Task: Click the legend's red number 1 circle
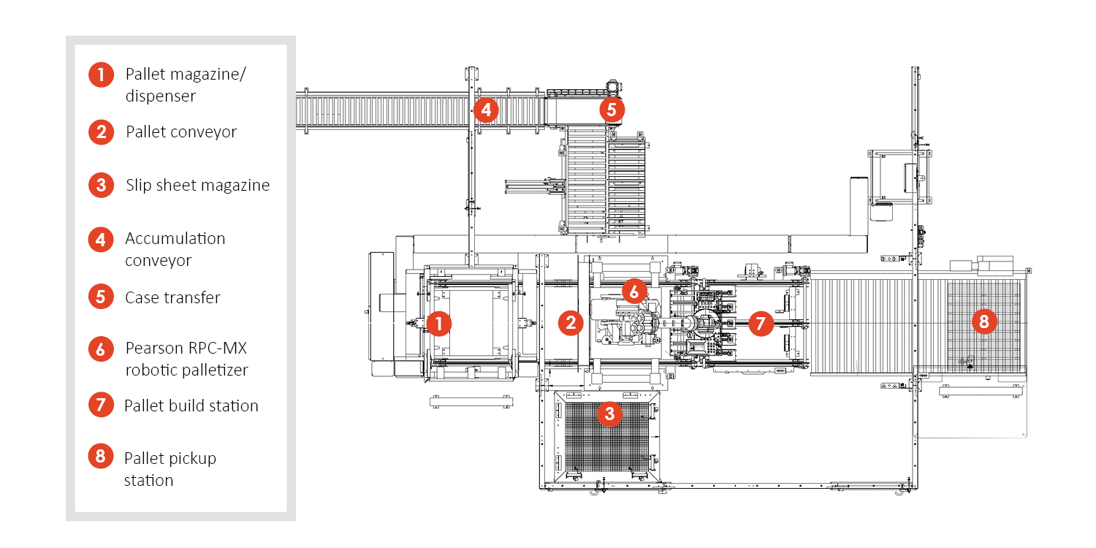[x=101, y=75]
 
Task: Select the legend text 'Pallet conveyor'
[x=181, y=132]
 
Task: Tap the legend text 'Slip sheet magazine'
[x=197, y=186]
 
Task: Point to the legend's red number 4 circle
[x=101, y=240]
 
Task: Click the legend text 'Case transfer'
[x=172, y=298]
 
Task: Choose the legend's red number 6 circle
[x=101, y=349]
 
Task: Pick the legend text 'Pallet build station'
[x=191, y=406]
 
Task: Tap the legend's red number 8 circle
[x=101, y=457]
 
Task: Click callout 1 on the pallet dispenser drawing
[x=438, y=323]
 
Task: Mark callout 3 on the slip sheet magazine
[x=609, y=414]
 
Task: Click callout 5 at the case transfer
[x=612, y=110]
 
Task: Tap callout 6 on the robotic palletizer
[x=634, y=292]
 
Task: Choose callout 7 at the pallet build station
[x=761, y=323]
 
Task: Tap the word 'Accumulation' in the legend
[x=175, y=239]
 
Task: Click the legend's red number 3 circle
[x=101, y=185]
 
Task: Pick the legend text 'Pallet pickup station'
[x=170, y=469]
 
